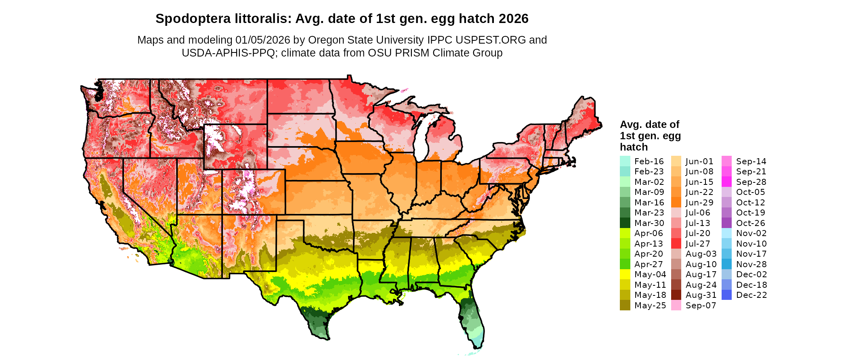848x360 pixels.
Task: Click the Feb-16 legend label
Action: (649, 161)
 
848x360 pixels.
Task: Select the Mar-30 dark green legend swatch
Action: (625, 223)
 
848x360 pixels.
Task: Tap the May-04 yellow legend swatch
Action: (625, 274)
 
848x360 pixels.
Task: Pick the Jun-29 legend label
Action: (699, 203)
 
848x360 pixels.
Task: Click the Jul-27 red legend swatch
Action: (676, 244)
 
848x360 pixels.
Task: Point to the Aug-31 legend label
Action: (701, 295)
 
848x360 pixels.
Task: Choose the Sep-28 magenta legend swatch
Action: (726, 182)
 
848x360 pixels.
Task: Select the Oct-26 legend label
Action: (751, 223)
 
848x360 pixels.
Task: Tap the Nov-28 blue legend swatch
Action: (726, 264)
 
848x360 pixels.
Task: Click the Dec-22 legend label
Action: (751, 295)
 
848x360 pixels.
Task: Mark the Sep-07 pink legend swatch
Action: (676, 306)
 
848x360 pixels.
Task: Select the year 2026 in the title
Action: (513, 19)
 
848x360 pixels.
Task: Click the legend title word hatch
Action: (634, 147)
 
